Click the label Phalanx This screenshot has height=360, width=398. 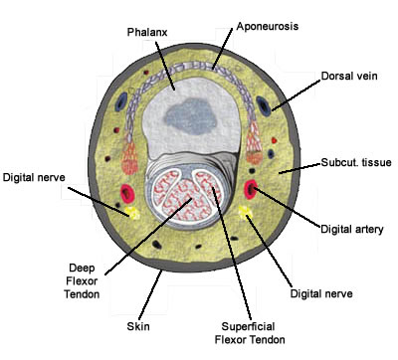pyautogui.click(x=147, y=32)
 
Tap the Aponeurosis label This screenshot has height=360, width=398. pyautogui.click(x=268, y=26)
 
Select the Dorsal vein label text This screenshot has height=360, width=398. pyautogui.click(x=349, y=76)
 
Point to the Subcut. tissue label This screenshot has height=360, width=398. pyautogui.click(x=356, y=162)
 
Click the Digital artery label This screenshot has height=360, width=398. pyautogui.click(x=352, y=229)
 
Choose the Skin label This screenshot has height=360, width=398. pyautogui.click(x=138, y=326)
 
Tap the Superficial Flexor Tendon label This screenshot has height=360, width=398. pyautogui.click(x=250, y=333)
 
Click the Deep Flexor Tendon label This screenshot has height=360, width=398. pyautogui.click(x=82, y=280)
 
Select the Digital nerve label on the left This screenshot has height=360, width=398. pyautogui.click(x=34, y=177)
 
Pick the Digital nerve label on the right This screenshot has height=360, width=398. pyautogui.click(x=321, y=293)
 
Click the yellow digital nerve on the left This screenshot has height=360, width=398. pyautogui.click(x=133, y=213)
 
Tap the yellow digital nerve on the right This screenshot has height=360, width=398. pyautogui.click(x=246, y=212)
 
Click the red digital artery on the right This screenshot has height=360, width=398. pyautogui.click(x=251, y=189)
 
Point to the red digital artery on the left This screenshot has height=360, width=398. pyautogui.click(x=127, y=193)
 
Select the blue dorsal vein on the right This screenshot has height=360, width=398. pyautogui.click(x=264, y=105)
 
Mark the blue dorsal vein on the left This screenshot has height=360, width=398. pyautogui.click(x=122, y=102)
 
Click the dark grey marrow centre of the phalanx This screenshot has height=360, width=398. pyautogui.click(x=191, y=117)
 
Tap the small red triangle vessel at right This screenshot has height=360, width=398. pyautogui.click(x=274, y=140)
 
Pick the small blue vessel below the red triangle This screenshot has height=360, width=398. pyautogui.click(x=271, y=153)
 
